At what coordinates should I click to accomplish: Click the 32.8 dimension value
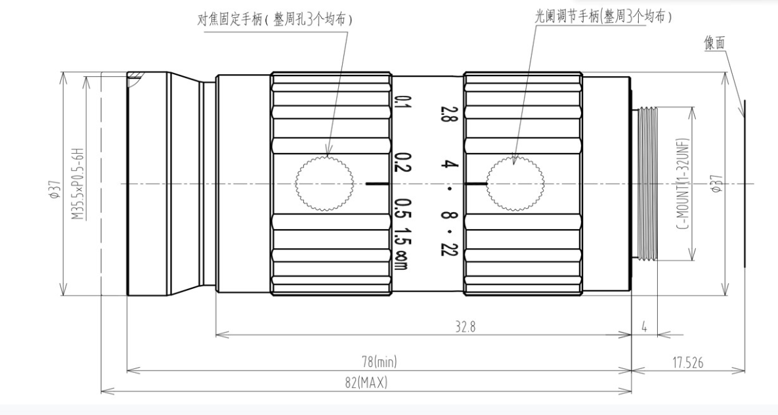click(465, 326)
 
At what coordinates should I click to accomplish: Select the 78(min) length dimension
click(379, 362)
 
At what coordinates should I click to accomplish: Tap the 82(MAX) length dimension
click(366, 383)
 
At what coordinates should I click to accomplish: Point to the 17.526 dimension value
click(687, 363)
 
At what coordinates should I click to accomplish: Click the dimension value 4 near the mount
click(644, 327)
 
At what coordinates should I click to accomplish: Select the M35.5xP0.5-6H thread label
click(77, 183)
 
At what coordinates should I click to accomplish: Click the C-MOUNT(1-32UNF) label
click(684, 184)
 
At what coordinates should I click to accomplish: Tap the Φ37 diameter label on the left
click(54, 190)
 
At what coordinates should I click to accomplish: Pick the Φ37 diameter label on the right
click(716, 183)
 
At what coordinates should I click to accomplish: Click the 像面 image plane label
click(714, 43)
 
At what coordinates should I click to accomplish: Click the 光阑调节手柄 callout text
click(567, 17)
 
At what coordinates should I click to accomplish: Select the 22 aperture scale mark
click(445, 248)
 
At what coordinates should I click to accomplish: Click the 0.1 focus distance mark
click(400, 106)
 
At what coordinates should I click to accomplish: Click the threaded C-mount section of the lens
click(647, 184)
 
